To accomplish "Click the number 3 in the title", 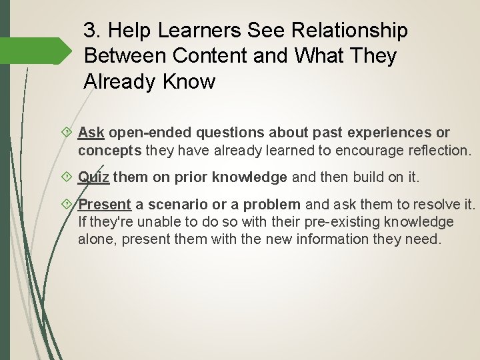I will [x=90, y=31].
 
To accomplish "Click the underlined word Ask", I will [x=90, y=133].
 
